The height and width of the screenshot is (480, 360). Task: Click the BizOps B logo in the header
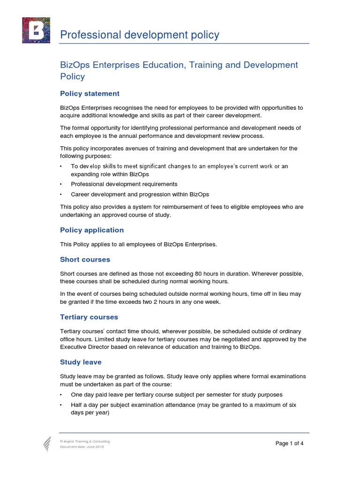tap(36, 30)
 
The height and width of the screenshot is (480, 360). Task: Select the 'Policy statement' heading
tap(90, 93)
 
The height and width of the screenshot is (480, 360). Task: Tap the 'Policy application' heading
tap(92, 230)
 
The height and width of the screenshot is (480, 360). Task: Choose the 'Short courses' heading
tap(85, 259)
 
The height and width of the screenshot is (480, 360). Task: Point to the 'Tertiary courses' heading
tap(89, 317)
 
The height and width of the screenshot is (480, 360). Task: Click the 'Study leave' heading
tap(81, 362)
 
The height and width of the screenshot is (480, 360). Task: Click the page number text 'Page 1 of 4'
tap(290, 443)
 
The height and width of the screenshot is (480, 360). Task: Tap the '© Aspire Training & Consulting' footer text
tap(85, 442)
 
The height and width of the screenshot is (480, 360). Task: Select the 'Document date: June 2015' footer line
tap(82, 447)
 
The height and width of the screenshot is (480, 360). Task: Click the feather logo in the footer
tap(47, 443)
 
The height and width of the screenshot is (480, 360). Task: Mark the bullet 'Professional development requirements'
tap(124, 184)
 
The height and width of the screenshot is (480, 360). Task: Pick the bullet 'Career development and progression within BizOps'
tap(140, 194)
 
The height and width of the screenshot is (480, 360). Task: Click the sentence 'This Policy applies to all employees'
tap(138, 244)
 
